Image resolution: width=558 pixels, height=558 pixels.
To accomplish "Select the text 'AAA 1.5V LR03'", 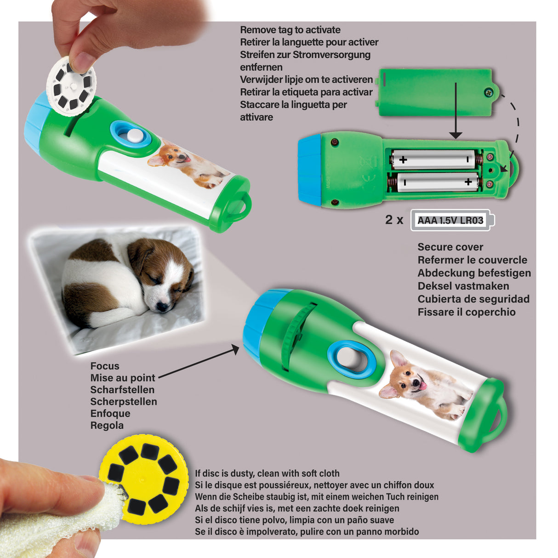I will tap(450, 220).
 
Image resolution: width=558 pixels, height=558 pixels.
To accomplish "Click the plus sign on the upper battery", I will tap(403, 160).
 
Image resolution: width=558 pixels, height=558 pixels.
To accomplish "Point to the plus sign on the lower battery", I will tap(468, 182).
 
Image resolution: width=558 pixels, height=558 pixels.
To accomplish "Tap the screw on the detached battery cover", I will tap(488, 93).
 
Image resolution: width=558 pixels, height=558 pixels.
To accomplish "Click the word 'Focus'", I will tap(105, 366).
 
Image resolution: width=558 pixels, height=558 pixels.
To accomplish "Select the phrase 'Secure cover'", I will tap(450, 247).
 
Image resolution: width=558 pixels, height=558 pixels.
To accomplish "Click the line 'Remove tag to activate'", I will tap(290, 30).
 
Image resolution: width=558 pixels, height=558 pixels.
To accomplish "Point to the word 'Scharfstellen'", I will tap(122, 390).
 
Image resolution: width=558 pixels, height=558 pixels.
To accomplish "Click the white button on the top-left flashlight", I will tap(133, 135).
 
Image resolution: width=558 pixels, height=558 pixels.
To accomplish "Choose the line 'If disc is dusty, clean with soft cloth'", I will tap(267, 473).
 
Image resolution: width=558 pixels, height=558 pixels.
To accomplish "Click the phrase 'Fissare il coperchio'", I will tap(466, 312).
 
